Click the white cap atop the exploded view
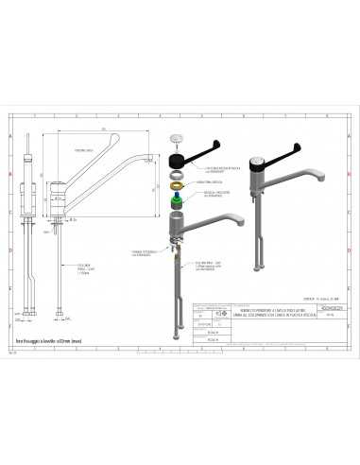pyautogui.click(x=176, y=139)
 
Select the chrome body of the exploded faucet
pyautogui.click(x=175, y=227)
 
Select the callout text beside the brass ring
pyautogui.click(x=210, y=185)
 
